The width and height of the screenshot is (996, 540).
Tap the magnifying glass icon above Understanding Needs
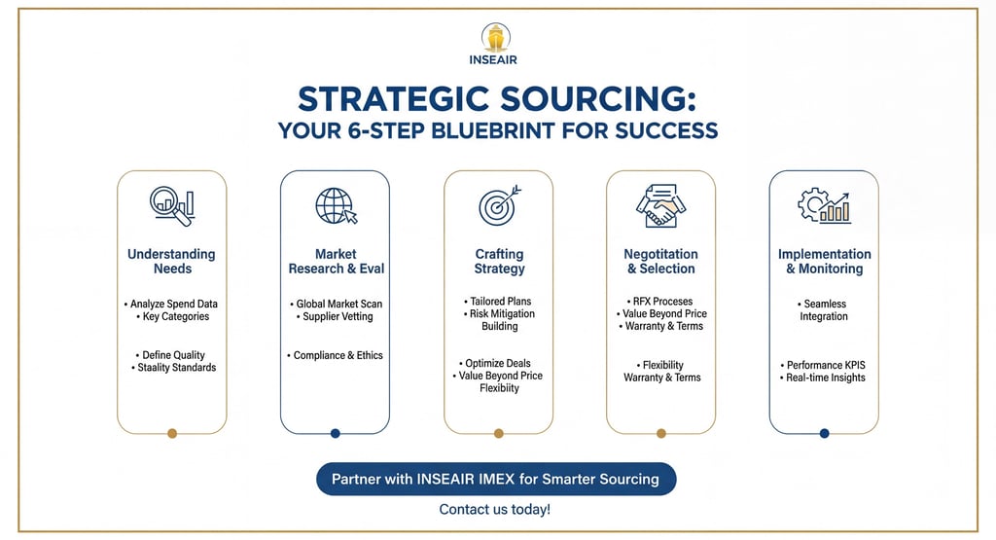(x=171, y=204)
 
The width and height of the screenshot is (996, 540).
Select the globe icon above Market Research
(x=336, y=205)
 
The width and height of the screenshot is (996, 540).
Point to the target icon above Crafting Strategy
(x=499, y=205)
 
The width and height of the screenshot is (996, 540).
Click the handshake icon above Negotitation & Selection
(x=661, y=205)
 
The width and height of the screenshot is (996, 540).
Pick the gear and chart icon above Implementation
(x=823, y=205)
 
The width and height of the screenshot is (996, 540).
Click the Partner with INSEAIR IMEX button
(x=495, y=479)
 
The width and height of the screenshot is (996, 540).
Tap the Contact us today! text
(x=494, y=510)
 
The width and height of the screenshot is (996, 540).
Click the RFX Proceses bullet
(x=661, y=302)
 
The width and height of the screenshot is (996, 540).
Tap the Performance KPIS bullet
(x=826, y=365)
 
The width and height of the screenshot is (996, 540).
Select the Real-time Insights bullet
(x=826, y=378)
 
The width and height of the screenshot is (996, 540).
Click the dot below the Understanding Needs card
(x=172, y=434)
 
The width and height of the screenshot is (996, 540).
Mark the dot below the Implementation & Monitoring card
(x=824, y=434)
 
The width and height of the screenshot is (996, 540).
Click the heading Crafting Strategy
(x=499, y=261)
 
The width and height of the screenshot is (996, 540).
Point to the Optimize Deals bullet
(x=498, y=363)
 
